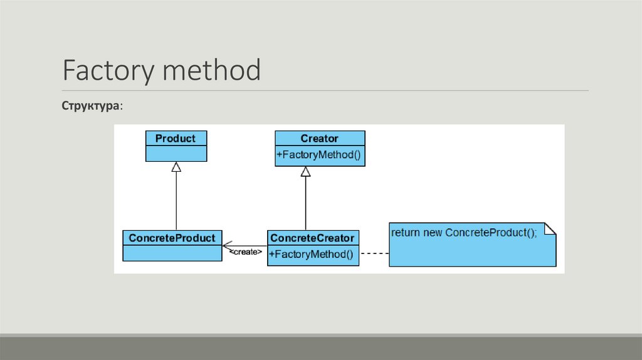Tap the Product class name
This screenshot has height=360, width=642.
coord(176,139)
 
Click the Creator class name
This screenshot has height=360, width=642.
coord(319,139)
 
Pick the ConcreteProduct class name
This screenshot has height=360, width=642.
coord(172,238)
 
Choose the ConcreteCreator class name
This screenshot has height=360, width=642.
coord(312,238)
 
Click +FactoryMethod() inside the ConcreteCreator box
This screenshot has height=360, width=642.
coord(312,255)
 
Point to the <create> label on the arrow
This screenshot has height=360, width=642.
coord(246,252)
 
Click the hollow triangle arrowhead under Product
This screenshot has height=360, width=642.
coord(176,167)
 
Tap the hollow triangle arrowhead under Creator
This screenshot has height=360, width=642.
coord(305,171)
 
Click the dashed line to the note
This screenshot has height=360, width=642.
coord(374,254)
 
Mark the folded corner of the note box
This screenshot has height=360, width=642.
coord(550,229)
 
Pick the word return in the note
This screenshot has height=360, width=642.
coord(406,233)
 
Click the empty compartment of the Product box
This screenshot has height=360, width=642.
coord(176,154)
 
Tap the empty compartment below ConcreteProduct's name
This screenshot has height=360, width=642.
coord(172,253)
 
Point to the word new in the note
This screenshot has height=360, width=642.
coord(433,233)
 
